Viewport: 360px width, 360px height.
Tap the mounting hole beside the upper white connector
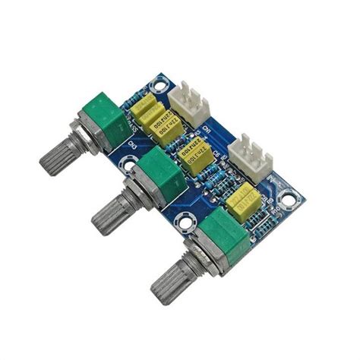click(161, 79)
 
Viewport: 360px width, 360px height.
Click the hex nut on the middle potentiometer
click(137, 197)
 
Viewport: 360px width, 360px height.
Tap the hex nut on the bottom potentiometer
click(200, 258)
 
